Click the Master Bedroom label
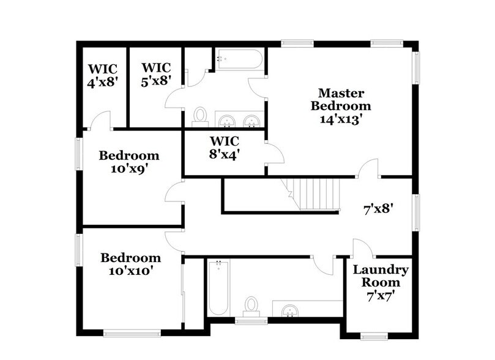pos(341,99)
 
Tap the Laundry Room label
pos(381,276)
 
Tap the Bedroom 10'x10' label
pos(131,263)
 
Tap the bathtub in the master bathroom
pos(239,60)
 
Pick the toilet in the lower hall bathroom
pos(251,304)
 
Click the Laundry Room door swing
pos(362,248)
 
